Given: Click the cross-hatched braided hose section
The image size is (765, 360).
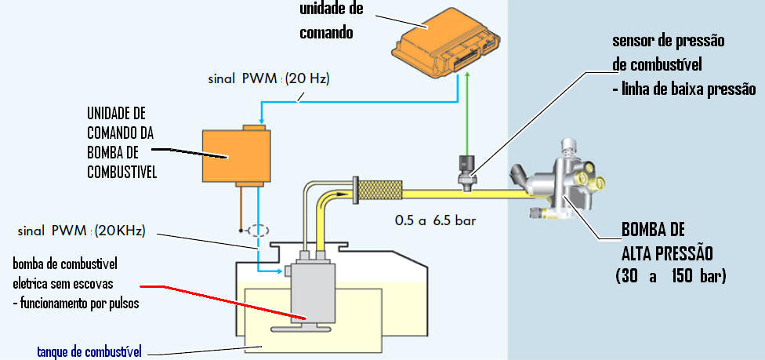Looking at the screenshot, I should (379, 189).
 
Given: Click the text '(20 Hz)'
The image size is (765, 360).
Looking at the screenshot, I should (309, 78).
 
